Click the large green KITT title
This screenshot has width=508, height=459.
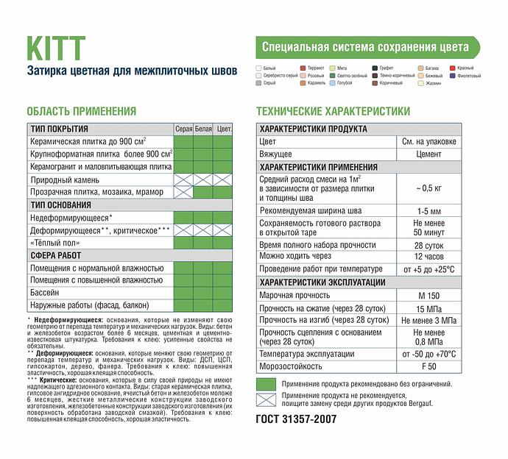click(56, 49)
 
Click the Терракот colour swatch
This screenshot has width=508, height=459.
click(303, 68)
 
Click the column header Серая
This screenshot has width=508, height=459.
click(183, 129)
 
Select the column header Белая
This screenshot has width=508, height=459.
click(203, 129)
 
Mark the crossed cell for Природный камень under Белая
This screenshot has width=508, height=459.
click(203, 179)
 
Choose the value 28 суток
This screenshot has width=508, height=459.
click(428, 244)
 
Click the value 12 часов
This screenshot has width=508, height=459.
click(428, 256)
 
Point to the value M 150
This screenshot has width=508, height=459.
click(428, 296)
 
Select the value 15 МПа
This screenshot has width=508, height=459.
click(428, 308)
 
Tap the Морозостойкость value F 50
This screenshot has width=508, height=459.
click(428, 366)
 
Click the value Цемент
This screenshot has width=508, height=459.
click(428, 154)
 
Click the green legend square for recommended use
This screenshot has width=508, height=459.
click(266, 383)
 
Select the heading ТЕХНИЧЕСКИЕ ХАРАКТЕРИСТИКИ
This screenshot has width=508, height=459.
click(332, 111)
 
